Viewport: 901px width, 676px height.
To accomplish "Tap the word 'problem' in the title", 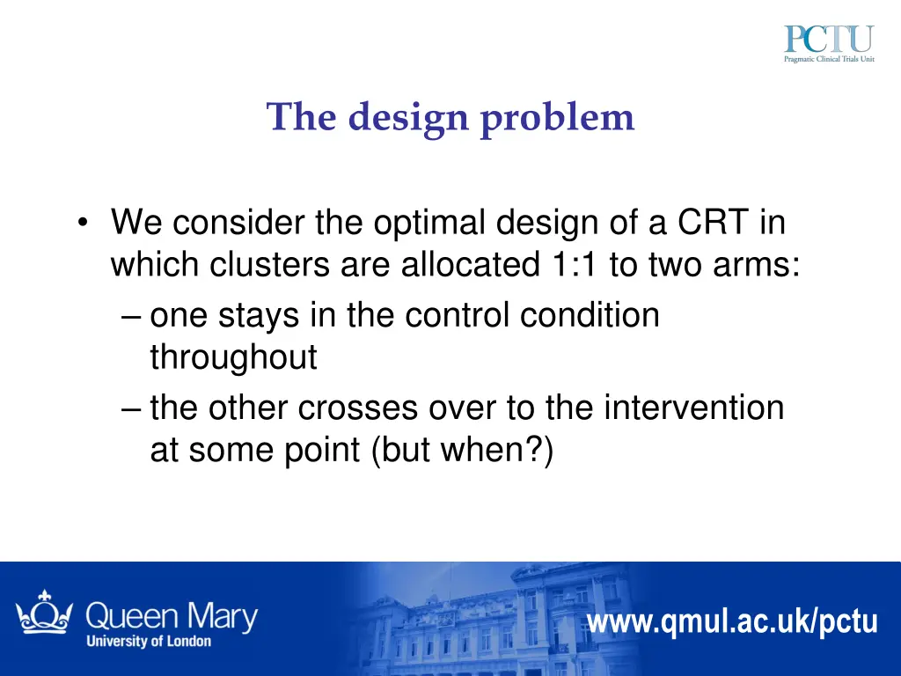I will click(x=557, y=117).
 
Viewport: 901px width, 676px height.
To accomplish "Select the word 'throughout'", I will click(x=233, y=357).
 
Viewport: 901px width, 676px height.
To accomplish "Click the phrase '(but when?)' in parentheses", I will click(x=462, y=450).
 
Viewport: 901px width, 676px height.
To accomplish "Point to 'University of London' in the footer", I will click(x=149, y=641).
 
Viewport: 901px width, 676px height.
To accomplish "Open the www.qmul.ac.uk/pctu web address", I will click(x=732, y=621).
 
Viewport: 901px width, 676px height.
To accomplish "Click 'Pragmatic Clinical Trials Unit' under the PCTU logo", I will click(x=828, y=60).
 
